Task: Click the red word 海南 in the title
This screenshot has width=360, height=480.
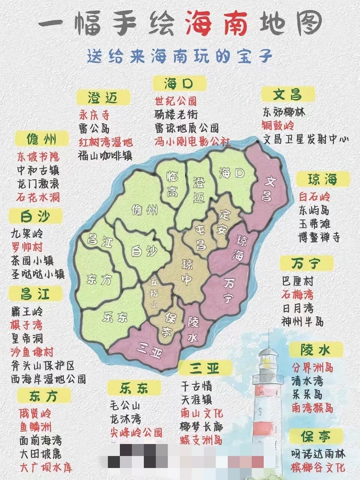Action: click(218, 23)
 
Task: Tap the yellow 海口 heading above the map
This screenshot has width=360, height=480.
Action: click(179, 84)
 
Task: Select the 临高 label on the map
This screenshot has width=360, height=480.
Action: click(172, 184)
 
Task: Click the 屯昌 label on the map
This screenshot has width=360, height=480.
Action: click(201, 236)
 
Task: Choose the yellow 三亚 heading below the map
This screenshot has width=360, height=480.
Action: click(205, 368)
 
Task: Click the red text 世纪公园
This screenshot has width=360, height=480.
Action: click(176, 101)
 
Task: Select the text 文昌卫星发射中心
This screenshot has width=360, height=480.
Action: click(306, 139)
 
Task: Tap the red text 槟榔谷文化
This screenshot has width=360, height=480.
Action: click(318, 467)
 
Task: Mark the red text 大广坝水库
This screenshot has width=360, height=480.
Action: click(45, 467)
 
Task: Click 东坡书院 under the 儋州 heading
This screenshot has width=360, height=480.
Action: click(38, 157)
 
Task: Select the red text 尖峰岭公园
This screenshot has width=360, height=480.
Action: click(136, 432)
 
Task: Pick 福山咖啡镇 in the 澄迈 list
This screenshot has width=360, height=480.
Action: click(105, 155)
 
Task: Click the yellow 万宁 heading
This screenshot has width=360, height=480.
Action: click(306, 264)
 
